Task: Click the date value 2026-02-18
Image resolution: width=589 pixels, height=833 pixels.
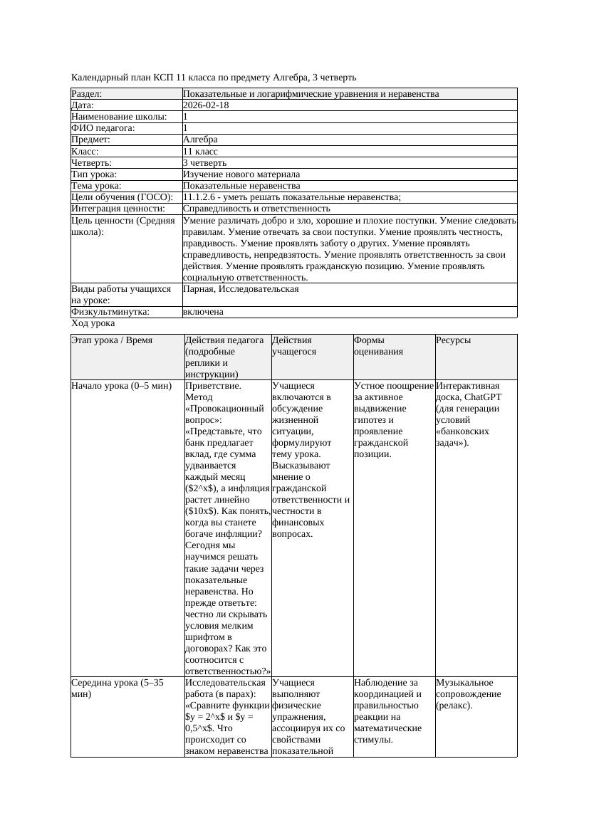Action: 206,105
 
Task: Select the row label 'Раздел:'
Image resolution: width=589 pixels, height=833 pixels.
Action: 87,94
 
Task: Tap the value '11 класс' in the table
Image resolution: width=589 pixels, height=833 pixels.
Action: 200,152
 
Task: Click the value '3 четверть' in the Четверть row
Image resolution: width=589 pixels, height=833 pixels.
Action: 204,163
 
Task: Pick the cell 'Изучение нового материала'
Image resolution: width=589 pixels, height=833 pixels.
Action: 241,174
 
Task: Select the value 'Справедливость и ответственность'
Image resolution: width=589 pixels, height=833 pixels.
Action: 256,209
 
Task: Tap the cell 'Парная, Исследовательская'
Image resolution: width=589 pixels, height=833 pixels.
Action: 241,289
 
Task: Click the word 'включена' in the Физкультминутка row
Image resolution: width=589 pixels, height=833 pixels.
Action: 203,312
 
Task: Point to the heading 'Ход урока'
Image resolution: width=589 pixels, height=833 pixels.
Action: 93,323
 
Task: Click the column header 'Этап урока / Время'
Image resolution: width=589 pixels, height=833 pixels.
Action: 112,340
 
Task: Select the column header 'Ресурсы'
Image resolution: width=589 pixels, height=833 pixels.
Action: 454,340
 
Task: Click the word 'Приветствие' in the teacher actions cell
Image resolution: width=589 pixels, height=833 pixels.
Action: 212,386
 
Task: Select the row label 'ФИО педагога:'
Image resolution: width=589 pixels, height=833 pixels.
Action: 103,128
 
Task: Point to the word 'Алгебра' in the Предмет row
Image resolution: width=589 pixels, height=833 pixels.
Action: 200,140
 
